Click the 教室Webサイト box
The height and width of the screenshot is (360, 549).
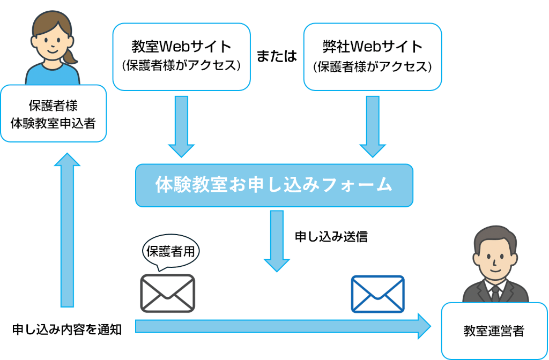pos(181,56)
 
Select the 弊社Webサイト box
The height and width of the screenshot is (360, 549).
pos(372,56)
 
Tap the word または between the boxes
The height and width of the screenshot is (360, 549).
pos(277,57)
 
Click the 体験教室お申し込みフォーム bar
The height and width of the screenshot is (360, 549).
pos(274,185)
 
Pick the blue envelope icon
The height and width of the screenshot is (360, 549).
pos(377,294)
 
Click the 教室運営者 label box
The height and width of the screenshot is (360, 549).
pos(494,332)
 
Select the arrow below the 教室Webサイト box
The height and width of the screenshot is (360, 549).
pos(181,126)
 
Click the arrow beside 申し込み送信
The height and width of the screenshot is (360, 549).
pos(277,241)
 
